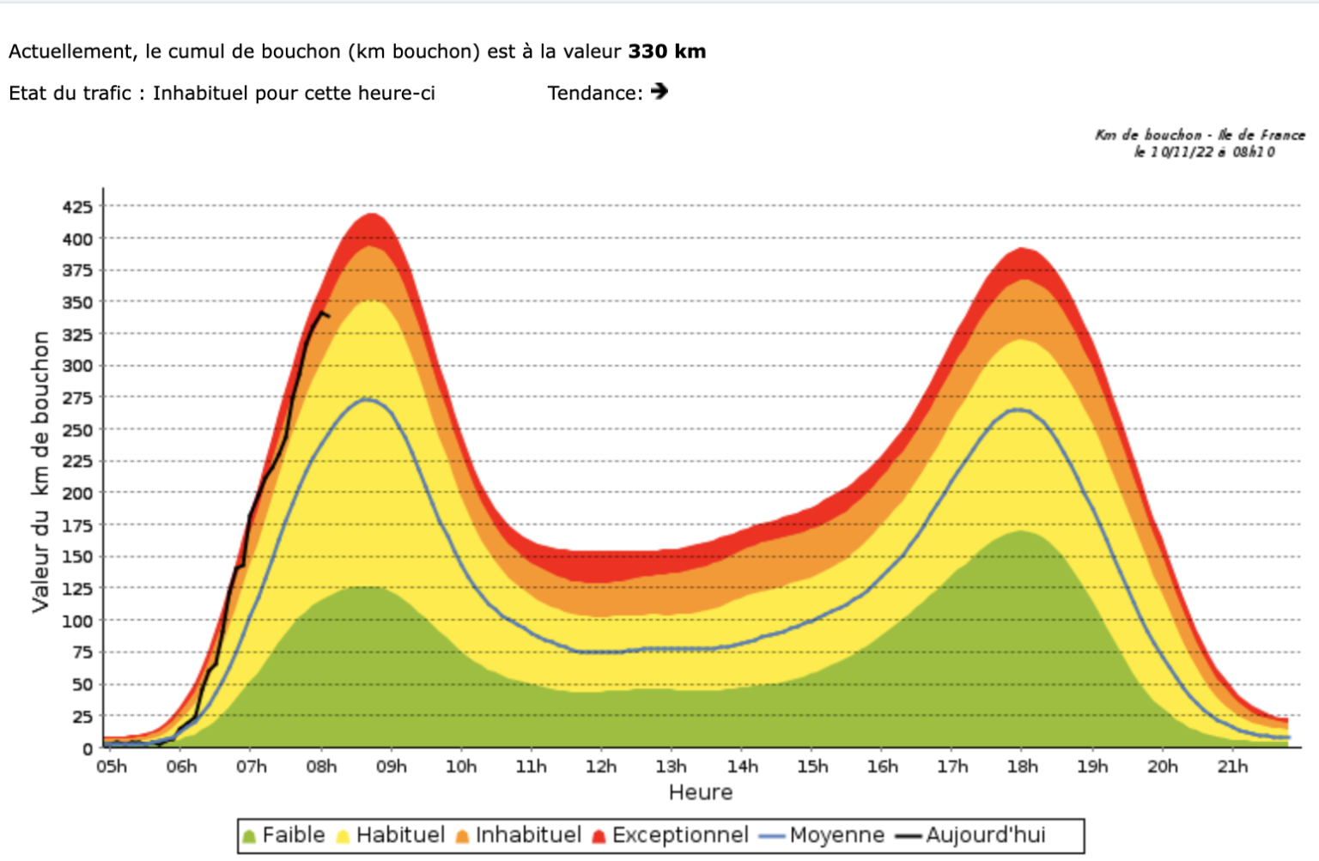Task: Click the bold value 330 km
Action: [666, 52]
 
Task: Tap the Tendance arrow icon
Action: [659, 91]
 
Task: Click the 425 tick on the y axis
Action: [77, 207]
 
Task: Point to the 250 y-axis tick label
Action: [77, 430]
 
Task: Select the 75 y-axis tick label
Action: [82, 652]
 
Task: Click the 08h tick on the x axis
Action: [321, 766]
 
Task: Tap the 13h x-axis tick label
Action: [671, 766]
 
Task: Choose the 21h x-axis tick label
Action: [1232, 766]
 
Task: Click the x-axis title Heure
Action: [701, 792]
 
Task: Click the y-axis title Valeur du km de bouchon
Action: [40, 471]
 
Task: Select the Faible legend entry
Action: [284, 835]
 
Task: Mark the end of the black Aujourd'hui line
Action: [328, 316]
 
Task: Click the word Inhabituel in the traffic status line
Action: [201, 93]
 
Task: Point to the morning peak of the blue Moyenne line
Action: [368, 399]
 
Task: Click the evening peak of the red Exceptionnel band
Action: [1022, 249]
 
